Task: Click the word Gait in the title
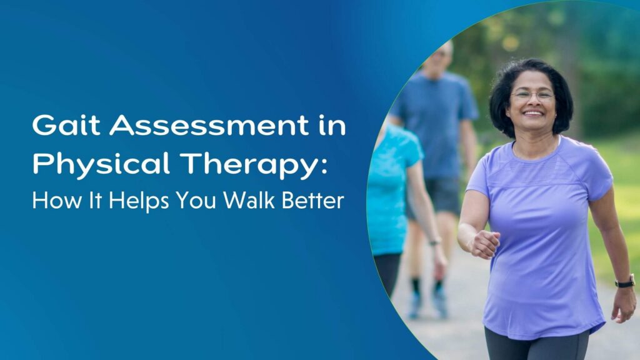coord(66,125)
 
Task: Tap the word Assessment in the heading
coord(209,125)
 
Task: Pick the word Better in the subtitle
coord(313,201)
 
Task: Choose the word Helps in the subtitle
coord(139,201)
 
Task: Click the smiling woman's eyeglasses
coord(532,96)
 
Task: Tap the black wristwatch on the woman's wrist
coord(625,282)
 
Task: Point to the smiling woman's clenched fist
coord(485,244)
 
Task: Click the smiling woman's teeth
coord(533,112)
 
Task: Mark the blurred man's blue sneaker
coord(441,302)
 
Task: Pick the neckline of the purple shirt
coord(536,152)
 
